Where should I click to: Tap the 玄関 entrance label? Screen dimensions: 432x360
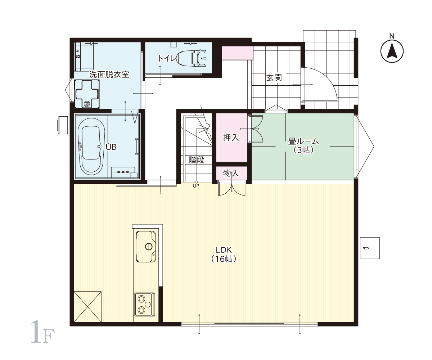[x=274, y=78]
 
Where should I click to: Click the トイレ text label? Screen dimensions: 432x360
[x=167, y=59]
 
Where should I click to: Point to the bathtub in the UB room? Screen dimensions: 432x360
[x=91, y=146]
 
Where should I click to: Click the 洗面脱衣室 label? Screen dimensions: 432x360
[x=109, y=75]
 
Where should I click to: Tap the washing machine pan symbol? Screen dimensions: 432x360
[x=87, y=94]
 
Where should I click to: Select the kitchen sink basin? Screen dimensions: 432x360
[x=146, y=246]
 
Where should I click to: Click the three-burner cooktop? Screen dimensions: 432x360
[x=145, y=304]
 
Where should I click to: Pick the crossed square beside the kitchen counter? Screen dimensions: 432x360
[x=88, y=307]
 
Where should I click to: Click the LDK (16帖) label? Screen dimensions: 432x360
[x=224, y=255]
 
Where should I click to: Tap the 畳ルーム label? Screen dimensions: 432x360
[x=303, y=141]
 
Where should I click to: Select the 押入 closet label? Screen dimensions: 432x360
[x=231, y=138]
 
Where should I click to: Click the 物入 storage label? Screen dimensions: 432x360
[x=231, y=173]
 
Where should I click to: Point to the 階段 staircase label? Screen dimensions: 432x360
[x=196, y=160]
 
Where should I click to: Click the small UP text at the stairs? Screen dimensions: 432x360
[x=196, y=186]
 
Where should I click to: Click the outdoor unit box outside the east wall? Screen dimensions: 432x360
[x=370, y=248]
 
